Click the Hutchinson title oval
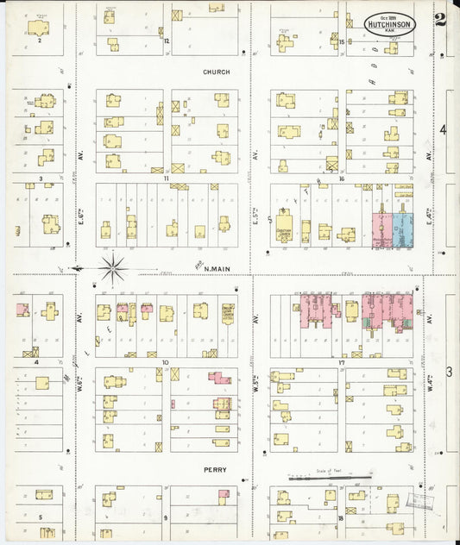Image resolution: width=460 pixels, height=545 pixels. tap(390, 24)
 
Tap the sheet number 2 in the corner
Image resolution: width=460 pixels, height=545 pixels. tap(440, 21)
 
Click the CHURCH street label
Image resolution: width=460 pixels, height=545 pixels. tap(217, 72)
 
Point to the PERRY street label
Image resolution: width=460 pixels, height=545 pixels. tap(215, 471)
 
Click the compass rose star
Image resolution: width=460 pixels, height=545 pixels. tap(113, 267)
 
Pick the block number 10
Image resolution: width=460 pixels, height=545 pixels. tap(163, 363)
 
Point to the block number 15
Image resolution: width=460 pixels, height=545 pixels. tap(342, 41)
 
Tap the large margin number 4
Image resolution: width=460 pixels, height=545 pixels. tap(444, 130)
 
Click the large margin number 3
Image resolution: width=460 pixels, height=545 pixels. tap(449, 371)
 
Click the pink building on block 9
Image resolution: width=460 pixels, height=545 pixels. tap(224, 494)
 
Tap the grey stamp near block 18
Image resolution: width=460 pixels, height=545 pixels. tap(422, 499)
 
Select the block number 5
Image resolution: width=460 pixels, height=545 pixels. tap(40, 517)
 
